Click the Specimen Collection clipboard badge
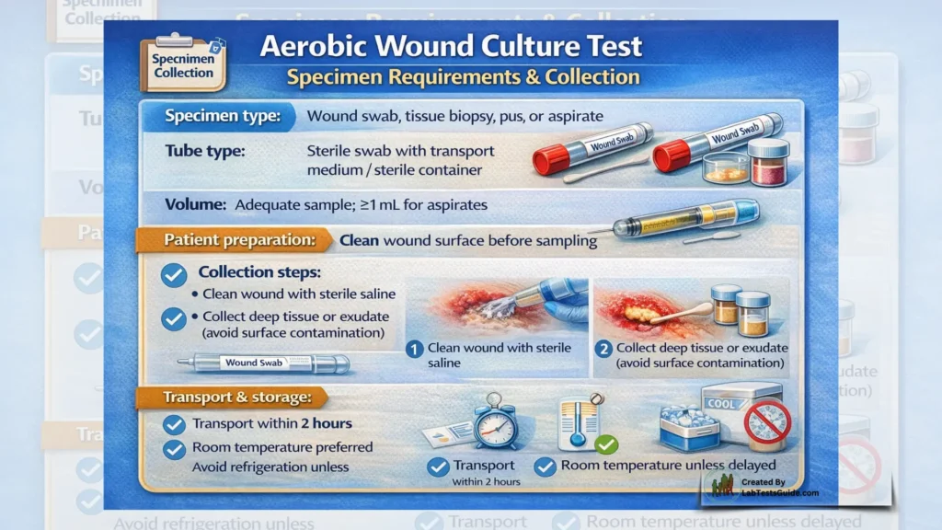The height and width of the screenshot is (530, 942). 183,64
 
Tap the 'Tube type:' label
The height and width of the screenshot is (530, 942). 204,151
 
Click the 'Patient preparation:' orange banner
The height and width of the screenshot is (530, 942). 234,240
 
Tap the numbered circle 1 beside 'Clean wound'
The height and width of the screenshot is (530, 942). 415,349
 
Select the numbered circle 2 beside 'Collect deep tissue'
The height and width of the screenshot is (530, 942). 603,349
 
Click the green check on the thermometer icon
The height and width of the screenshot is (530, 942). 605,444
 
